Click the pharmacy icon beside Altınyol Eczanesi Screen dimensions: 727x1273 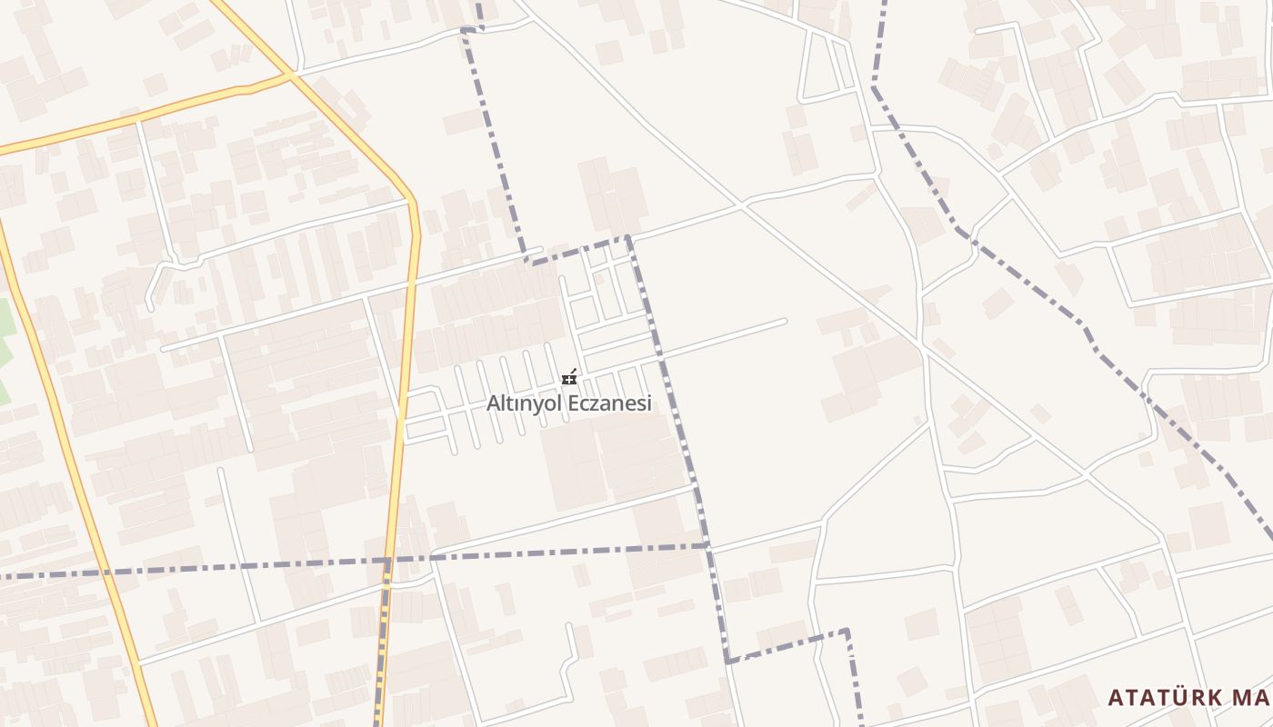pyautogui.click(x=570, y=377)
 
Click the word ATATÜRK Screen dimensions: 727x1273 pyautogui.click(x=1165, y=698)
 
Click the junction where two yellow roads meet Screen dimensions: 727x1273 pyautogui.click(x=292, y=75)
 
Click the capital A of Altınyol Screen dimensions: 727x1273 pyautogui.click(x=493, y=403)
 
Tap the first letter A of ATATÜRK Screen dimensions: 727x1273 pyautogui.click(x=1116, y=698)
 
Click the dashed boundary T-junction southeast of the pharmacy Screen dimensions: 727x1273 pyautogui.click(x=707, y=545)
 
